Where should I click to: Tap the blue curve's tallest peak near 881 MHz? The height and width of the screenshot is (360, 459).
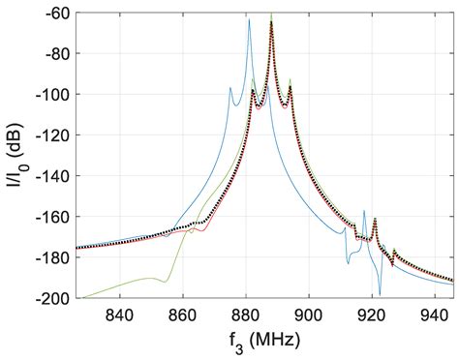point(249,20)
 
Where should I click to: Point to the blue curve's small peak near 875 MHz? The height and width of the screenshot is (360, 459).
point(230,88)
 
